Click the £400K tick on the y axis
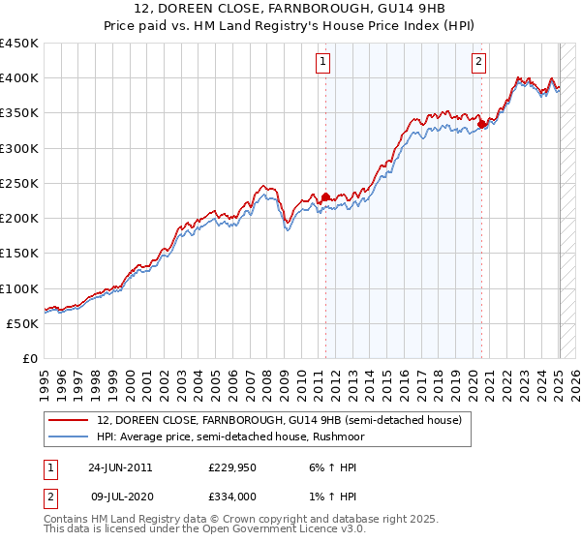point(19,78)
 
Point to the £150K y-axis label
point(19,254)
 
